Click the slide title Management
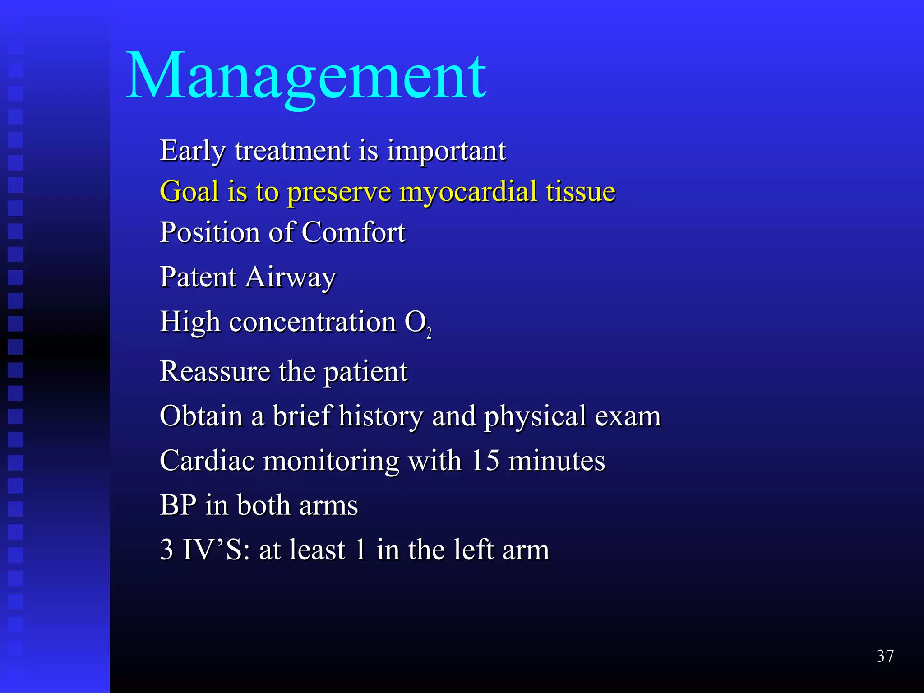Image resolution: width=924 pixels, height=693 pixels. (306, 77)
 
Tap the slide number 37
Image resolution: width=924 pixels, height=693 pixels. (885, 656)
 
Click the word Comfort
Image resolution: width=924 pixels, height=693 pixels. (353, 233)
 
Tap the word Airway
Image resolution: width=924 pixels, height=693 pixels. (291, 277)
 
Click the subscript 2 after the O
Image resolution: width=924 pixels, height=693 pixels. (429, 333)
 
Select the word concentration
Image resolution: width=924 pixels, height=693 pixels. (312, 323)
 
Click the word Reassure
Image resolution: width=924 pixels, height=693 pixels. (215, 372)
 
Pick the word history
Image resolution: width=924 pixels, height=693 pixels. (380, 416)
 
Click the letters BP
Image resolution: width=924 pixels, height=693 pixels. (178, 505)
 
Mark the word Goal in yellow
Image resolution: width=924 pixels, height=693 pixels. (189, 192)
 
